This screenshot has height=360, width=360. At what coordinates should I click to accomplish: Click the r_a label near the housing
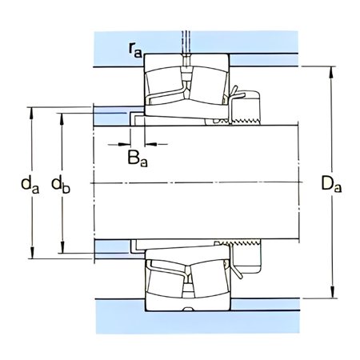(x=134, y=50)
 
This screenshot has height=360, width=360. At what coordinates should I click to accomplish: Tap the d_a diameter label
(x=30, y=185)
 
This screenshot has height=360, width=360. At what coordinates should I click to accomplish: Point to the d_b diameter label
(x=61, y=185)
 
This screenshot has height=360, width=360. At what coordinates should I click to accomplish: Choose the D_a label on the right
(x=330, y=185)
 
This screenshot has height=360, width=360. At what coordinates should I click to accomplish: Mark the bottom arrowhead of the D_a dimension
(x=331, y=295)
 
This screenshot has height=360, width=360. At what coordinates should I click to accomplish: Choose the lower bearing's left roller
(x=166, y=280)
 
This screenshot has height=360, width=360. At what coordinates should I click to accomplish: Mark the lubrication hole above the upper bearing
(x=186, y=48)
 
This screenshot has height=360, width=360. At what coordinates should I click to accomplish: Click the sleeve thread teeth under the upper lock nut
(x=240, y=122)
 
